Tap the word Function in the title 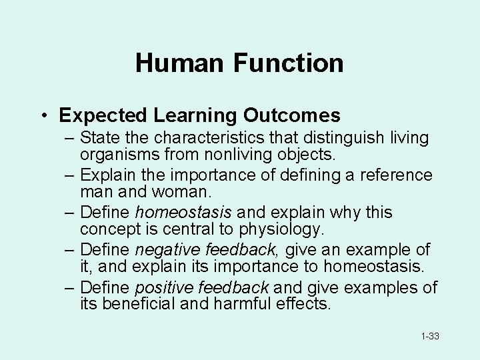(x=288, y=63)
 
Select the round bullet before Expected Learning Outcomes (x=42, y=116)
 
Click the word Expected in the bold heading (x=103, y=115)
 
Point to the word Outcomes (x=291, y=115)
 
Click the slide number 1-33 (x=429, y=337)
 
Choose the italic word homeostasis (x=183, y=213)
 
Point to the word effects (x=304, y=304)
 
